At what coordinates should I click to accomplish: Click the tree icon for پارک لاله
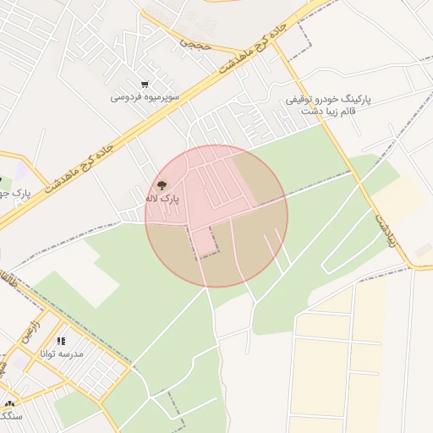162,184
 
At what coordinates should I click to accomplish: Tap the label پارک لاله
162,199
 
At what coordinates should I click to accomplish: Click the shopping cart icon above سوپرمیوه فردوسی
145,85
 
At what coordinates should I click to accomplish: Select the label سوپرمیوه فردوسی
145,97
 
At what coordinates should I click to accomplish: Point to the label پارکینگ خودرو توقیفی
328,100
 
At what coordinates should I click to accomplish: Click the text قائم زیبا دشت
330,112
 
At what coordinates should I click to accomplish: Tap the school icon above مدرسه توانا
61,341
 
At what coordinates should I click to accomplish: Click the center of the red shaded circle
216,216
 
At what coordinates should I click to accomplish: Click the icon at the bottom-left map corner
8,404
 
